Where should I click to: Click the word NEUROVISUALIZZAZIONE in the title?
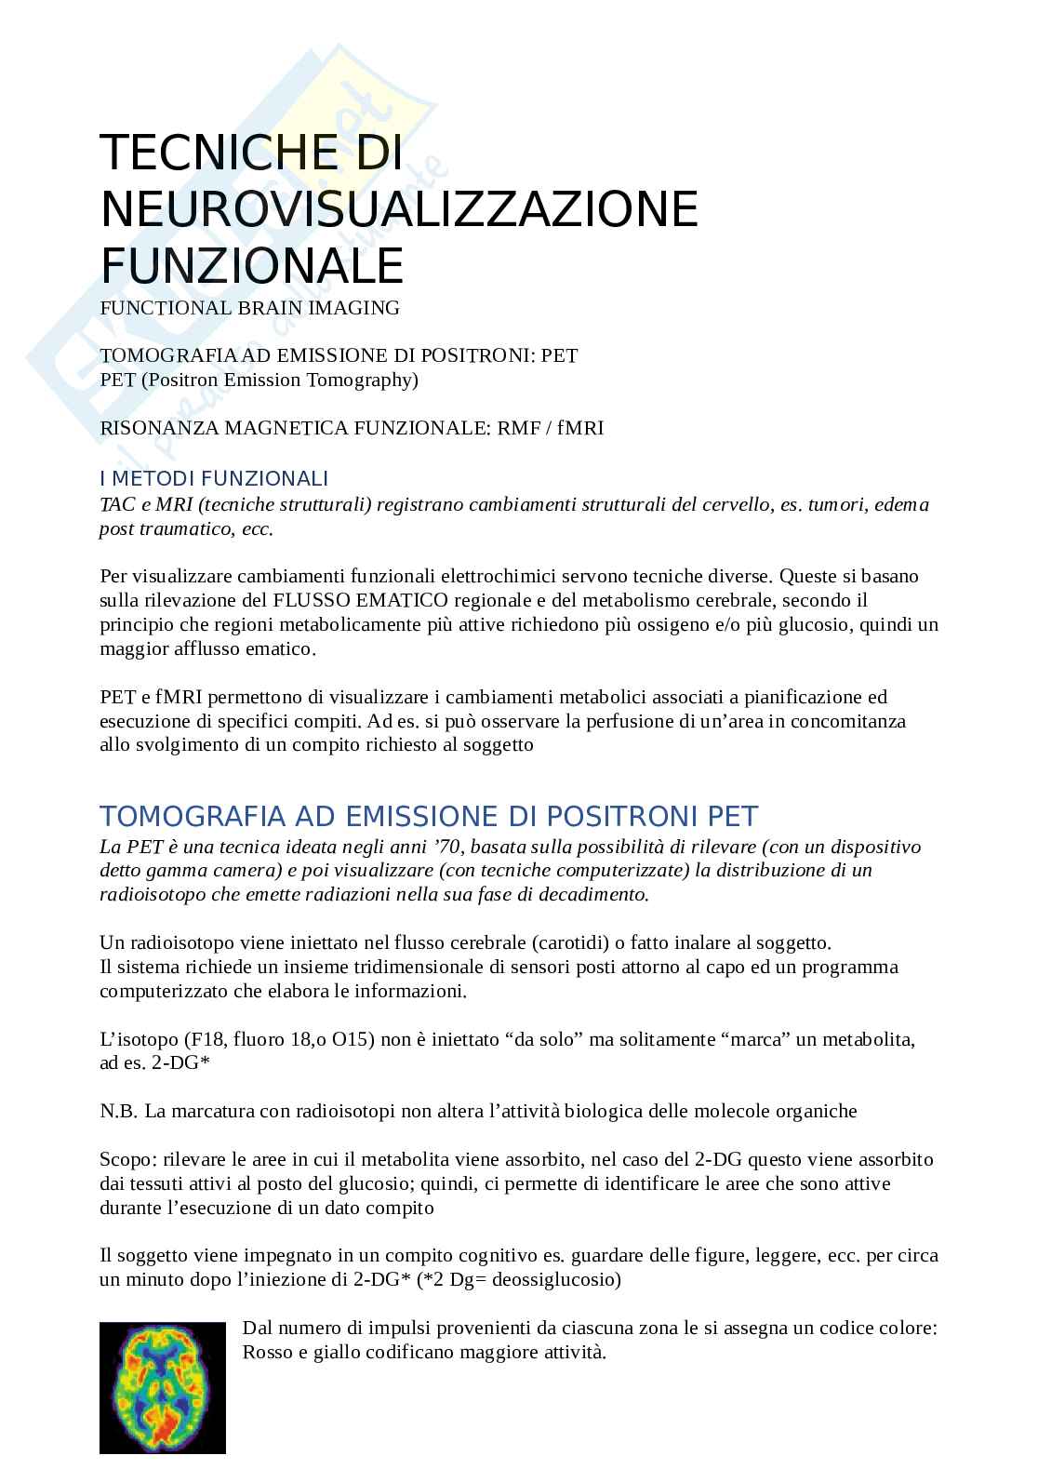point(399,209)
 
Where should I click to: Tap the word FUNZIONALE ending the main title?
point(252,266)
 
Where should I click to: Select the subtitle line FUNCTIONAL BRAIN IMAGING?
point(249,308)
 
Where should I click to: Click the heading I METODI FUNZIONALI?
point(214,479)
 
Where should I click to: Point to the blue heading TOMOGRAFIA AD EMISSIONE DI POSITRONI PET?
point(429,817)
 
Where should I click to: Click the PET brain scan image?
point(163,1387)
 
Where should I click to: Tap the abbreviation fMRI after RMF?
point(580,429)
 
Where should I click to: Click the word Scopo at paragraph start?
point(126,1160)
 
